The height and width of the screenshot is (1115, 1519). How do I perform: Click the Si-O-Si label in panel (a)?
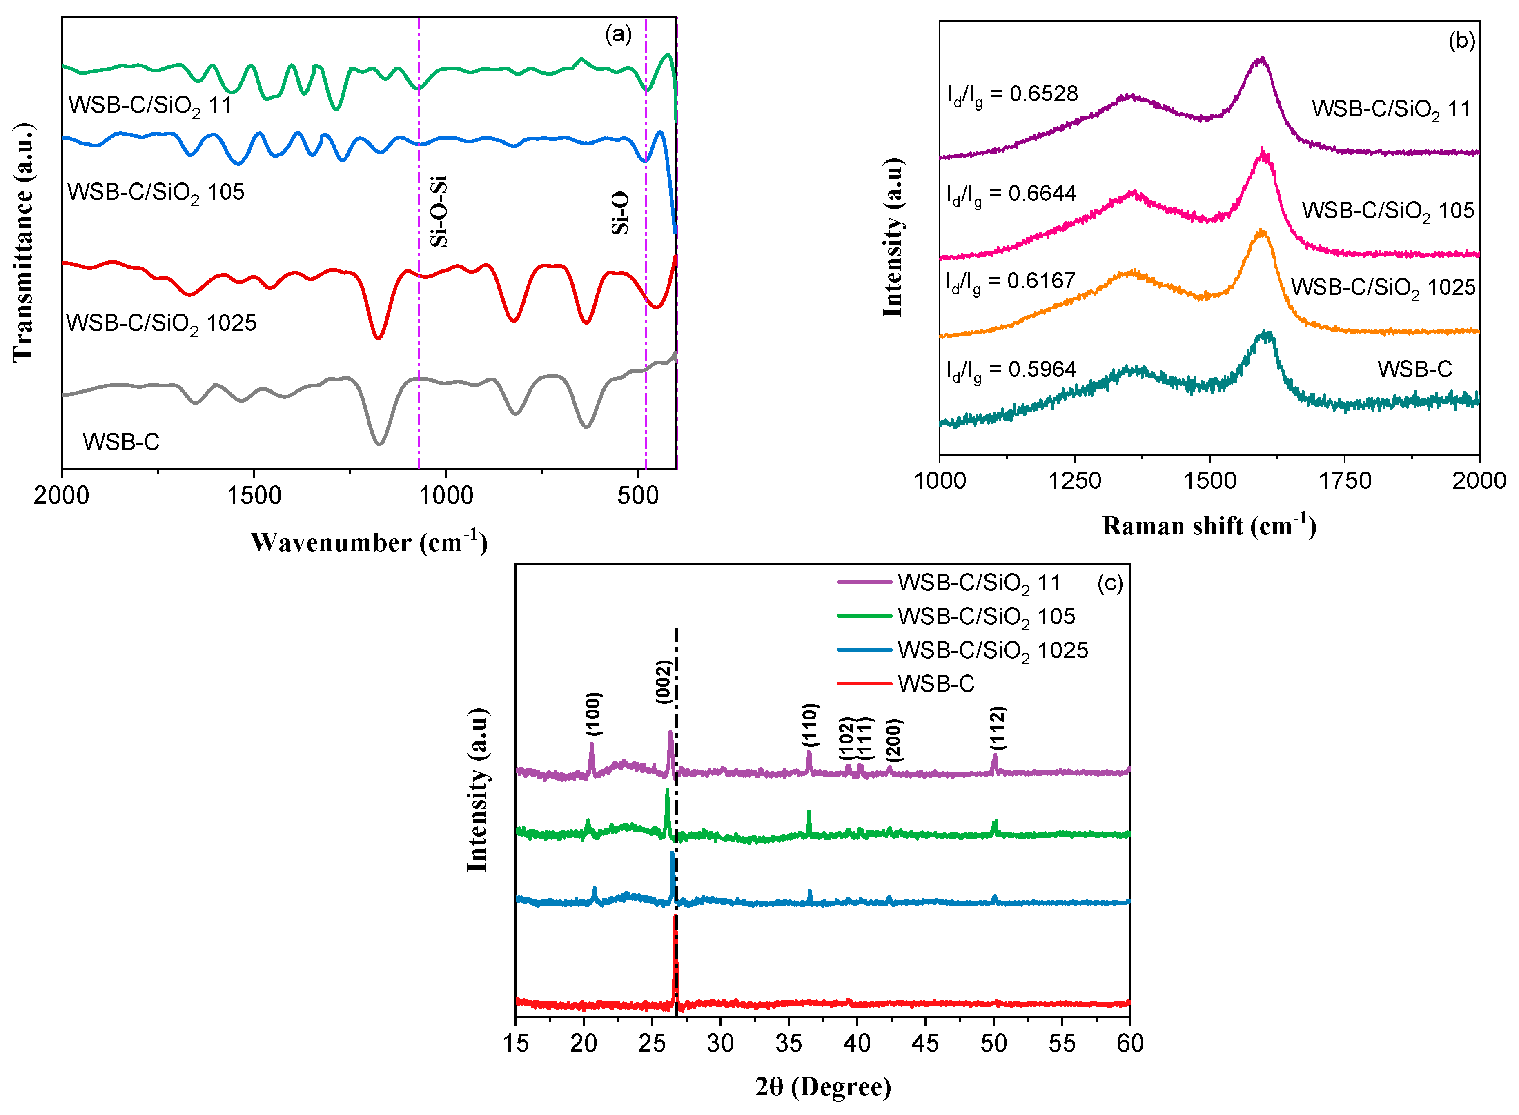tap(439, 211)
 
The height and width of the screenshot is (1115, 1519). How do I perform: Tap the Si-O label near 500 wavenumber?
tap(620, 213)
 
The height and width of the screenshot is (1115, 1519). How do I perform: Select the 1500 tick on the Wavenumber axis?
tap(254, 496)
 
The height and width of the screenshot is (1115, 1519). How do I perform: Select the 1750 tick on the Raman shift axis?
tap(1344, 481)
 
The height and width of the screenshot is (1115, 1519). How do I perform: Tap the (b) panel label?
tap(1461, 41)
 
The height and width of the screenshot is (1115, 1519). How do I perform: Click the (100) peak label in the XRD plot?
tap(593, 713)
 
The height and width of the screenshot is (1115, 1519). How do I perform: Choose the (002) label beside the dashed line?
tap(664, 682)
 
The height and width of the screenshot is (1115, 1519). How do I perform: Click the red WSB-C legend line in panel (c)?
tap(864, 684)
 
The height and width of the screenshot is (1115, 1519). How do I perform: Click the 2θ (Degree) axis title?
tap(823, 1087)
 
